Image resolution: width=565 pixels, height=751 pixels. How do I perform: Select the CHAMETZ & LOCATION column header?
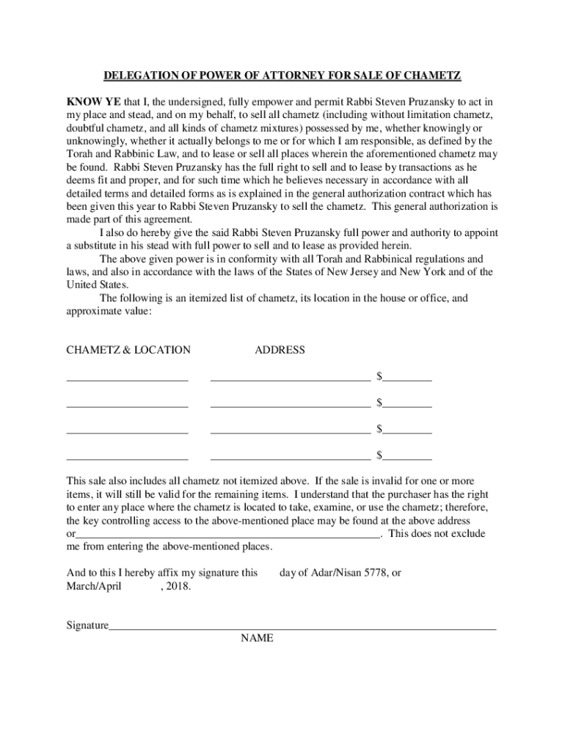[x=128, y=350]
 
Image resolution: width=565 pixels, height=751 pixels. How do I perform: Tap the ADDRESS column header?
[x=280, y=350]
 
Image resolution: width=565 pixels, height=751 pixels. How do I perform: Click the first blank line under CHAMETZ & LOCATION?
[x=127, y=380]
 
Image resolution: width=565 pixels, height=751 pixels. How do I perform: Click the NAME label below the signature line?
[x=257, y=638]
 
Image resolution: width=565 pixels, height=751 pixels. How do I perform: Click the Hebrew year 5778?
[x=376, y=573]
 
